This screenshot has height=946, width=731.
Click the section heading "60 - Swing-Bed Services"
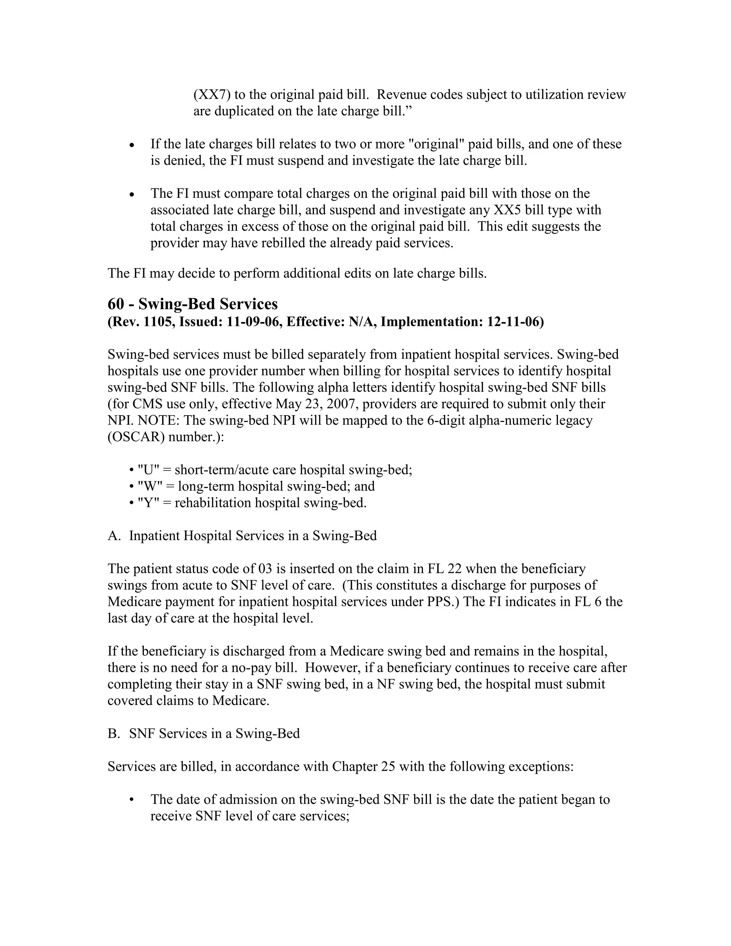[192, 304]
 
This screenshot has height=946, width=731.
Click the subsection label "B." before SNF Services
[114, 733]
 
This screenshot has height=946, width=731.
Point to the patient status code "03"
[264, 569]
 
